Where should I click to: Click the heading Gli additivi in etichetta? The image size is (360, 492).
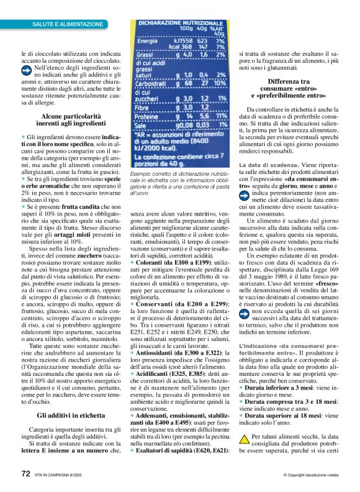pyautogui.click(x=71, y=396)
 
